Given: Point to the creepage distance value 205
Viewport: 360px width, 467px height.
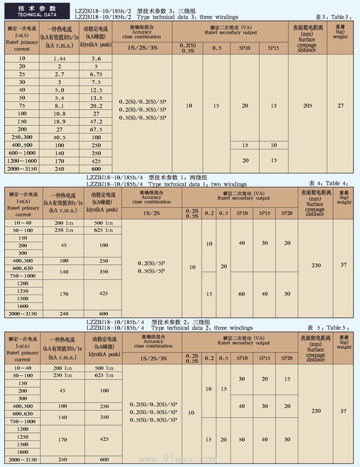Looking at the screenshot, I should coord(308,106).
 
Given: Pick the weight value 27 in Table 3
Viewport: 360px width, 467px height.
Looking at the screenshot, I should coord(340,106).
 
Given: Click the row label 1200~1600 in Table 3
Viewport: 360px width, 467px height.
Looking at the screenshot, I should coord(22,161).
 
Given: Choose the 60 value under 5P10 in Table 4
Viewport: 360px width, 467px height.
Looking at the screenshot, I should coord(242,294).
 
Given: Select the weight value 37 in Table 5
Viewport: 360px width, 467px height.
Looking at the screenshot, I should coord(343,411).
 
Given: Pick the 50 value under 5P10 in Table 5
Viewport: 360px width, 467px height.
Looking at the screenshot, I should coord(242,439).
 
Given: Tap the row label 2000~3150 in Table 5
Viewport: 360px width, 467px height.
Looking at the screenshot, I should coord(23,459).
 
